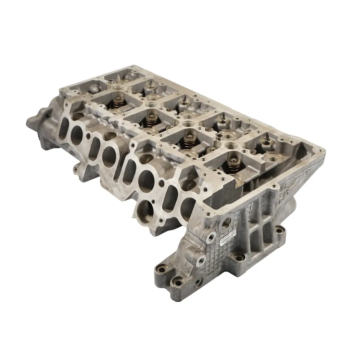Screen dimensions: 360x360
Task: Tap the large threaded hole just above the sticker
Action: coord(228,220)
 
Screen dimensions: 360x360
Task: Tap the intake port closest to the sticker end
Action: coord(188,205)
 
